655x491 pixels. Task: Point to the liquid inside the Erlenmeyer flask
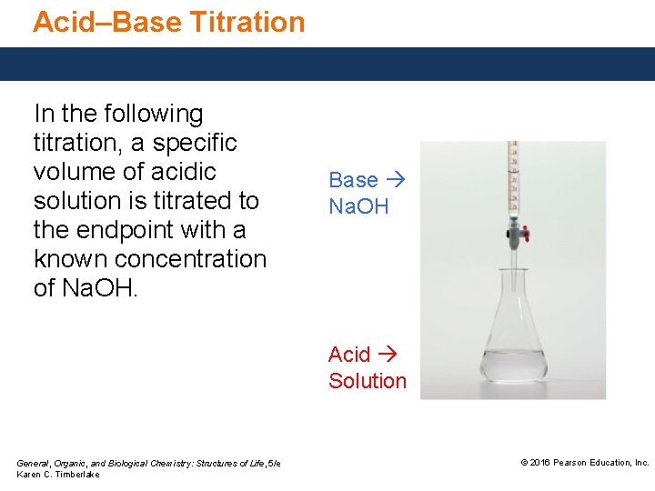coord(514,366)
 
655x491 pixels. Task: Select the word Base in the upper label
coord(353,180)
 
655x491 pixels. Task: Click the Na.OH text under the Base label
coord(358,207)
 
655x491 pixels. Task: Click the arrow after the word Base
coord(394,180)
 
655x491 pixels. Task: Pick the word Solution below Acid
coord(368,381)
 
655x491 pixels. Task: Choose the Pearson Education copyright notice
coord(584,463)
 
